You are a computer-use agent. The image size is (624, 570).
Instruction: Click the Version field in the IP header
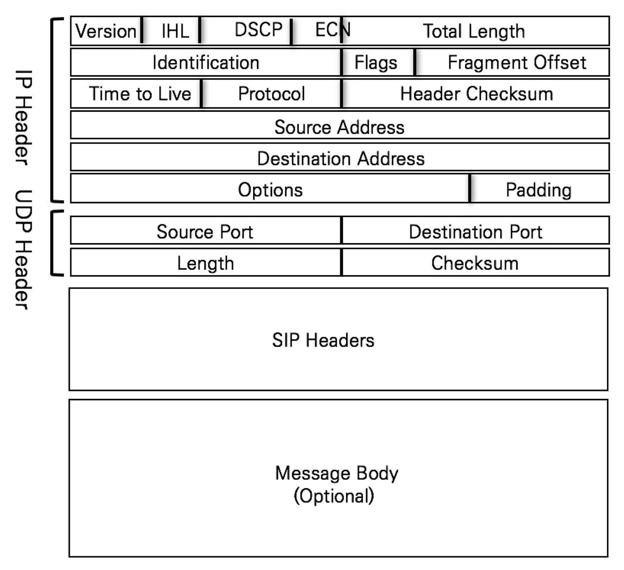point(106,31)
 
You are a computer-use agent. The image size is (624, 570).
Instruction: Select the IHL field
point(175,31)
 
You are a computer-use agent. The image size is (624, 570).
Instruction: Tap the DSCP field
point(258,30)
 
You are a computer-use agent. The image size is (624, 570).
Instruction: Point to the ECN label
point(332,30)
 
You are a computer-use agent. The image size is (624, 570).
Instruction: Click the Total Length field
point(474,31)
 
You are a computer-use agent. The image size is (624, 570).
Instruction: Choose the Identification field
point(206,62)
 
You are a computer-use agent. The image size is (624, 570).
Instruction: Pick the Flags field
point(376,62)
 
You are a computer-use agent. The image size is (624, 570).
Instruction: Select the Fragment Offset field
point(517,62)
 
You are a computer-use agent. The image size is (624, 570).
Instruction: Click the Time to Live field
point(140,94)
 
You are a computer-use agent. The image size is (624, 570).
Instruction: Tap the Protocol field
point(272,94)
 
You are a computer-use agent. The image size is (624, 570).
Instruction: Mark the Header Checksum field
point(476,94)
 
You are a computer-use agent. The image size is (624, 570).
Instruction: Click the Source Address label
point(339,127)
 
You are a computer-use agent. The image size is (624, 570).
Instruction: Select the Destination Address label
point(341,159)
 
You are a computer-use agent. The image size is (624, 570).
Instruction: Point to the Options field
point(270,189)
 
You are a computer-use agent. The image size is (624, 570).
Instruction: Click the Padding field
point(539,189)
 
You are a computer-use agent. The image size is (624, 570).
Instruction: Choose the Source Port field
point(205,231)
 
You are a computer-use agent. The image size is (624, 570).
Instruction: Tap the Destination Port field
point(475,231)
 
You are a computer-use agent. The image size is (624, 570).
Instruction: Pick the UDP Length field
point(205,263)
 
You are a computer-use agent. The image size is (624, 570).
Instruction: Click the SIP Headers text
point(323,340)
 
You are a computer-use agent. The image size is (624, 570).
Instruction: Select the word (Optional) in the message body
point(334,496)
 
